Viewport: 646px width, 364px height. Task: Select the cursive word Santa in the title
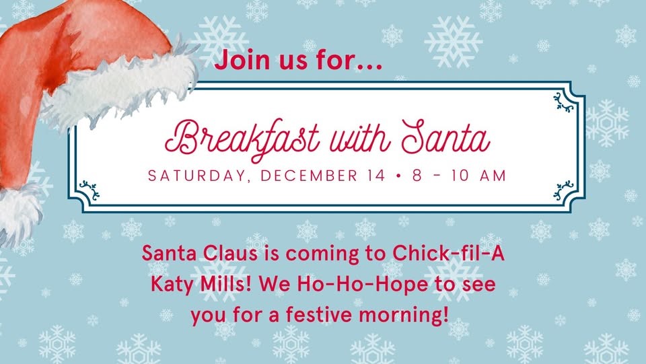446,137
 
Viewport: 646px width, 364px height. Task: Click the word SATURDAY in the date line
196,176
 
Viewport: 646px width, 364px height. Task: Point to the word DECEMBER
309,176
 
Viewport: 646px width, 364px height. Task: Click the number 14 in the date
375,176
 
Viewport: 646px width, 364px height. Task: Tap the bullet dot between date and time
398,176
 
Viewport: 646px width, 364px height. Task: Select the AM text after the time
493,176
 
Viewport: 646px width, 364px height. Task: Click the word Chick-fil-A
448,253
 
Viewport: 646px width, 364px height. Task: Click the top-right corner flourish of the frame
564,102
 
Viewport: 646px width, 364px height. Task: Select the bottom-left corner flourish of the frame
89,190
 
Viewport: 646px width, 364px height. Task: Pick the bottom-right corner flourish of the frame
564,190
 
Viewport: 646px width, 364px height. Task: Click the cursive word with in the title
359,137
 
